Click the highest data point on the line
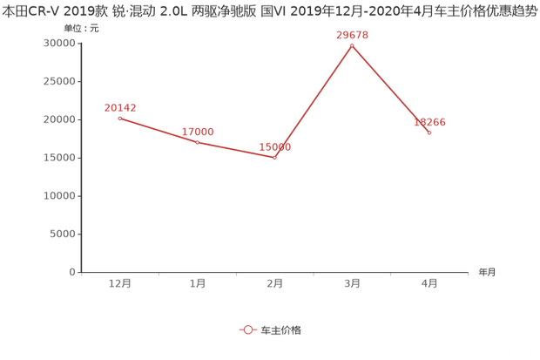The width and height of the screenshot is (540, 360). [x=352, y=44]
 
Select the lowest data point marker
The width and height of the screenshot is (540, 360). [x=275, y=158]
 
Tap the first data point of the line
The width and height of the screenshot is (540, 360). [x=120, y=118]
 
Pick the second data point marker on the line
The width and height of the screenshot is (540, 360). [x=198, y=140]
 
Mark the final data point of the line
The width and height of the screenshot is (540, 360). [x=429, y=132]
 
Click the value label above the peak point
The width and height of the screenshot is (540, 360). [x=352, y=35]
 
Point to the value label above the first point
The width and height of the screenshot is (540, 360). [x=120, y=108]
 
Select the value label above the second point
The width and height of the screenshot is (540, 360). [x=198, y=131]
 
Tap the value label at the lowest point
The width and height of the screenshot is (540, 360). [x=275, y=147]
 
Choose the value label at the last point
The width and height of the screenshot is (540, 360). [x=429, y=123]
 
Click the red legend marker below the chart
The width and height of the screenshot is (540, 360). [x=247, y=330]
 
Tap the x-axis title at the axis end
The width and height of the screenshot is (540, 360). [x=485, y=272]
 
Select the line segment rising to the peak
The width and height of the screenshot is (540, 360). [x=314, y=101]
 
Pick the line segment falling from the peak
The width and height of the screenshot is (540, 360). [x=391, y=89]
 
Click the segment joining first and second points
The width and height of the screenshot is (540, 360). [x=159, y=129]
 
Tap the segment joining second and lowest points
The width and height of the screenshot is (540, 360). [x=236, y=149]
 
